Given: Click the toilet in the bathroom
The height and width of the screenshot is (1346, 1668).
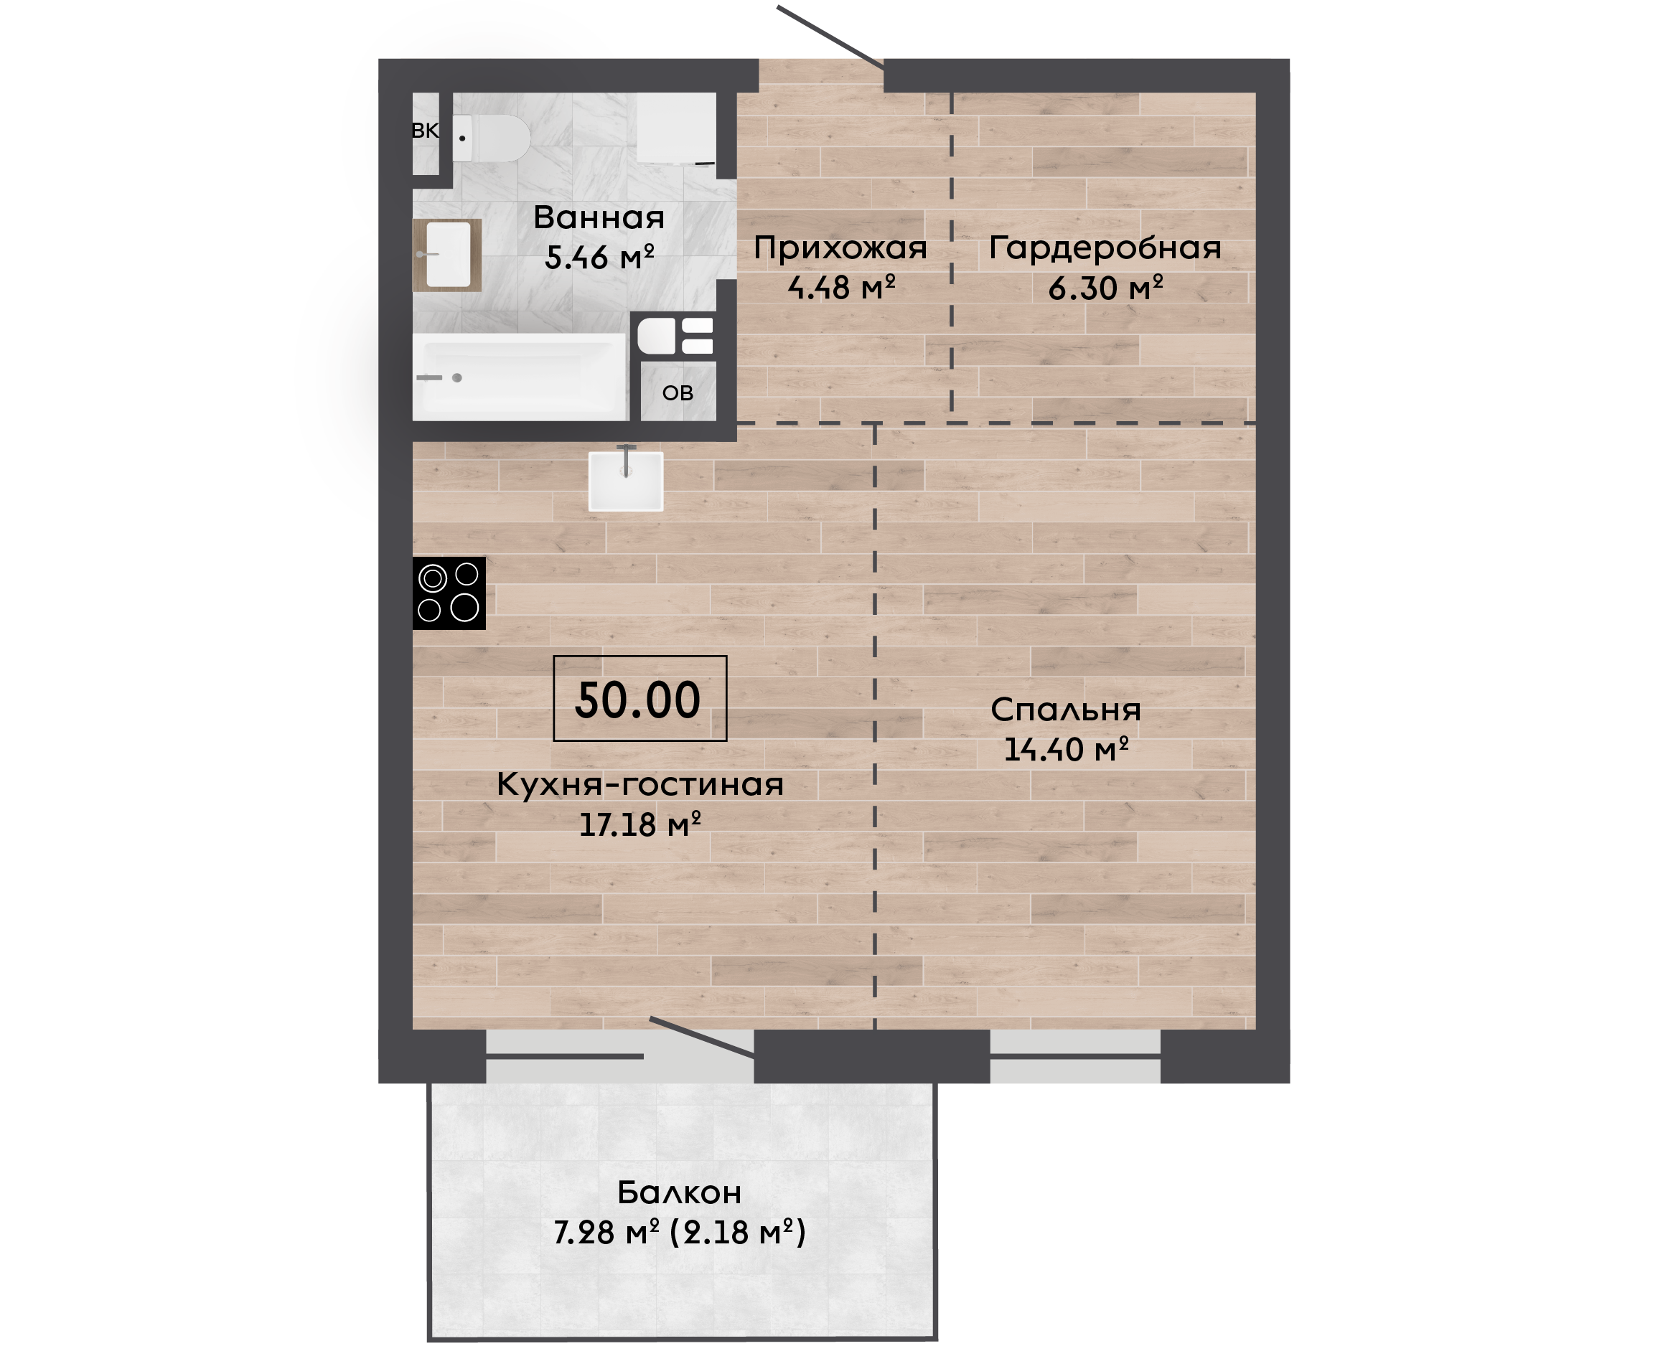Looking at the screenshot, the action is tap(491, 138).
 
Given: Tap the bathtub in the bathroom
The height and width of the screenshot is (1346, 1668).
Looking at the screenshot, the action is tap(520, 377).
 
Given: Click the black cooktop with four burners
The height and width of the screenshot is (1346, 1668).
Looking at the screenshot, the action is tap(449, 593).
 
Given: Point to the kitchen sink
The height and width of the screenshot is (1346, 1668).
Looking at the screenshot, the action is tap(626, 481).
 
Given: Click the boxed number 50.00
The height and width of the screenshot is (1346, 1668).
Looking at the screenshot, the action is tap(639, 699).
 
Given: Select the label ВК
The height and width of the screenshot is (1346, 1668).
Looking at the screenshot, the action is tap(425, 131).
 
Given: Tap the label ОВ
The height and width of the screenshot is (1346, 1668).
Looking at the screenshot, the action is tap(678, 393).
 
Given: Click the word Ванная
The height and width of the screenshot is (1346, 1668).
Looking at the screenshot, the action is tap(599, 218).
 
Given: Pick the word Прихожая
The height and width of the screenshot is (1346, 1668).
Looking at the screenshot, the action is tap(840, 248).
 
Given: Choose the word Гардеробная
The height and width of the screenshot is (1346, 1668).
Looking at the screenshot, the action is tap(1105, 248).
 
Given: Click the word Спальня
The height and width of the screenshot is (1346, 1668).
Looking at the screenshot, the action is tap(1066, 710).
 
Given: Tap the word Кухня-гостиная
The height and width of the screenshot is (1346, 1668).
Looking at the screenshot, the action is tap(640, 785).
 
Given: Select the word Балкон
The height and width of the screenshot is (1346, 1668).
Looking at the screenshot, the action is tap(679, 1192).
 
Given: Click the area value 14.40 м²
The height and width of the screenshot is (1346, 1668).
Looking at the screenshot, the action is tap(1067, 750).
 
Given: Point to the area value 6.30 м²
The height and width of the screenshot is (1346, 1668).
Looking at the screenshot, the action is tap(1106, 288).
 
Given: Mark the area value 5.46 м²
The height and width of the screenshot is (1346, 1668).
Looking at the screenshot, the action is tap(599, 258).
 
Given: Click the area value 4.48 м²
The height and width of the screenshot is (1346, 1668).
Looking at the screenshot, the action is tap(841, 288).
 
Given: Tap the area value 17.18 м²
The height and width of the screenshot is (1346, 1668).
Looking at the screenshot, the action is tap(640, 824).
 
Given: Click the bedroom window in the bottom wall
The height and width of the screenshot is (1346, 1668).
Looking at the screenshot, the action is tap(1076, 1056).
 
